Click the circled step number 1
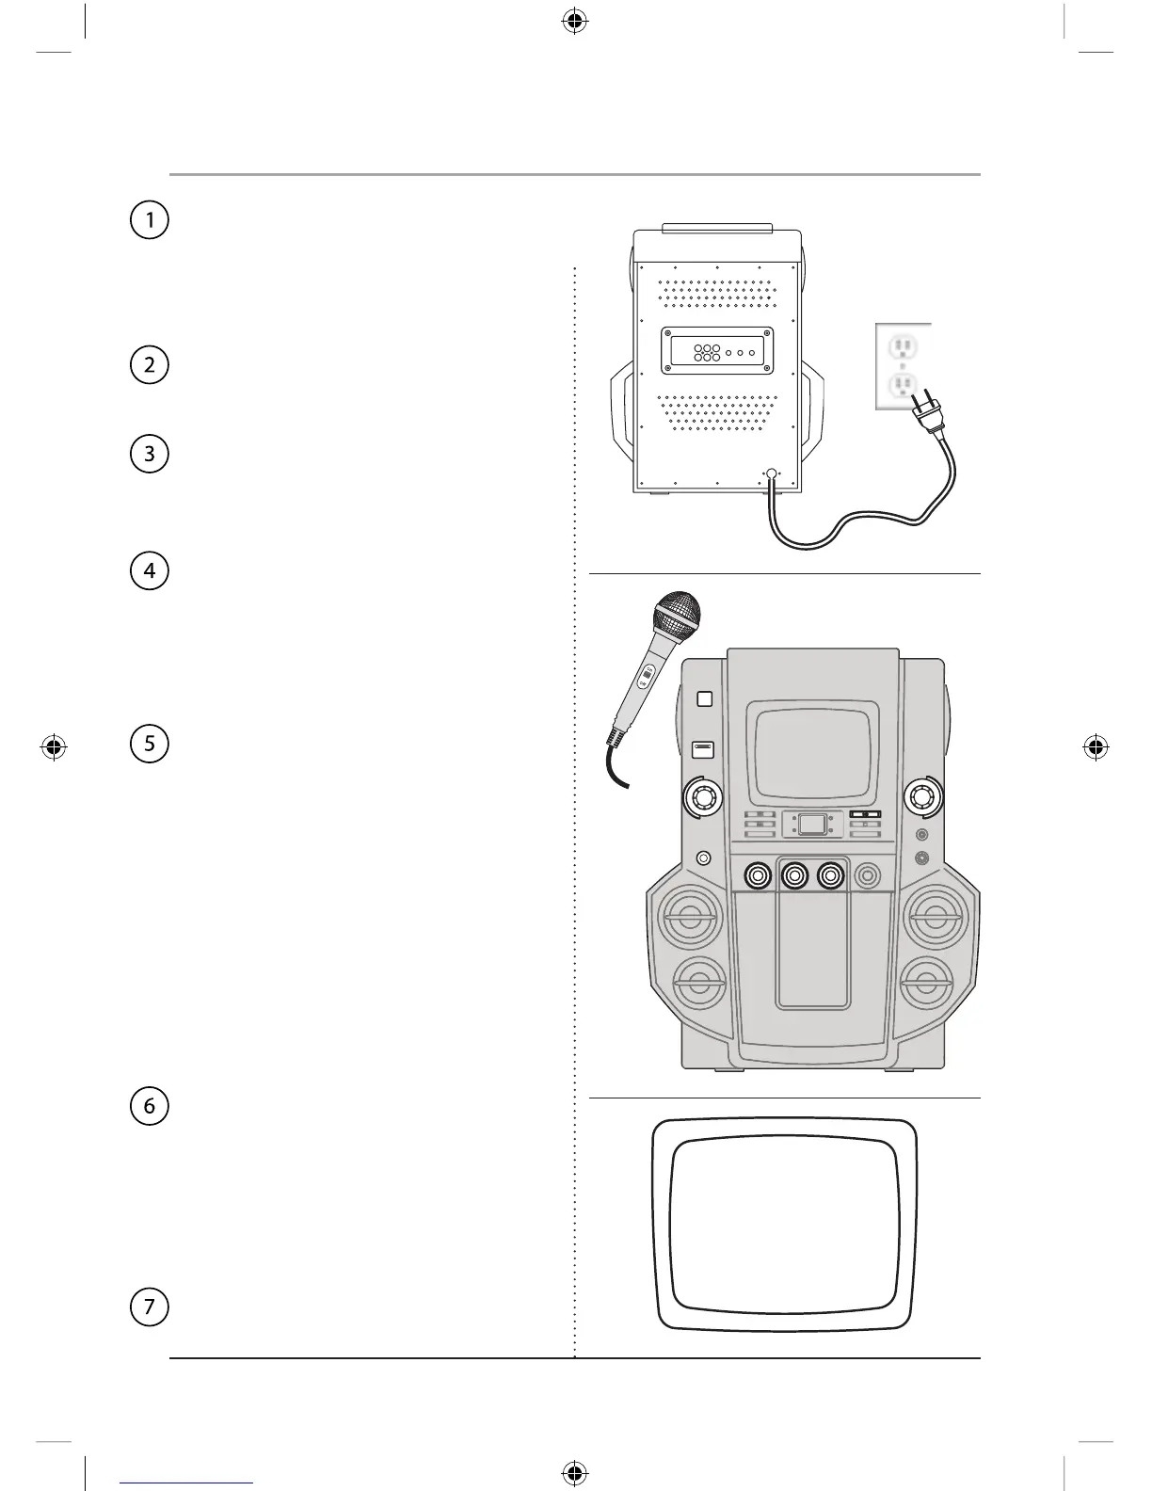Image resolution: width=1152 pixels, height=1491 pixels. click(149, 220)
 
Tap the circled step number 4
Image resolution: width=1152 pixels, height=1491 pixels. click(149, 571)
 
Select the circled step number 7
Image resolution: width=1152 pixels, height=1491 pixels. click(149, 1307)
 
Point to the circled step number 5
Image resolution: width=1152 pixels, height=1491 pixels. click(149, 744)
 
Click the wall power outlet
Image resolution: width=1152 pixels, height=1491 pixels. click(904, 365)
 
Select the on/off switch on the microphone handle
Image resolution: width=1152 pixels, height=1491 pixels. click(646, 677)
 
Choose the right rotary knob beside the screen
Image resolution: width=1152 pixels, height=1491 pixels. click(922, 798)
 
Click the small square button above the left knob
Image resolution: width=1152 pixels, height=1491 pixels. click(704, 698)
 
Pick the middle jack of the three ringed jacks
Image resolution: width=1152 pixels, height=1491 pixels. click(794, 875)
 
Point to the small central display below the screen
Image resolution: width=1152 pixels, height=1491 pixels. click(811, 825)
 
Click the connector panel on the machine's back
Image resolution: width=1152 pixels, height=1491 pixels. click(717, 351)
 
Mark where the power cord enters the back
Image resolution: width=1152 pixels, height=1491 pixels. click(772, 475)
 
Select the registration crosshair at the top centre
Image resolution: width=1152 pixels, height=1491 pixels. click(572, 22)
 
